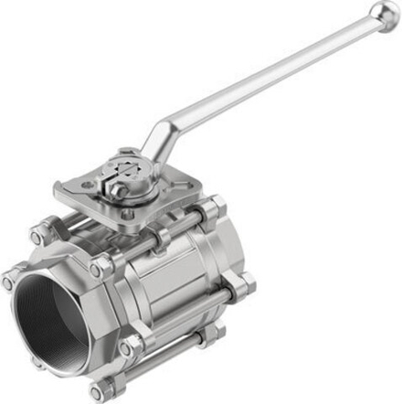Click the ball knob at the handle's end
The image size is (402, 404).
385,16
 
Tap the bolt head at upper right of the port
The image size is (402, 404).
100,269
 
